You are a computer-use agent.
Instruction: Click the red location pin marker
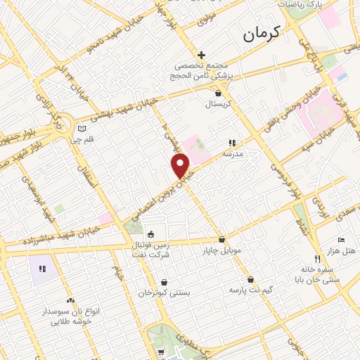(181, 166)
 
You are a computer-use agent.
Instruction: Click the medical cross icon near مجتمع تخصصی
(201, 55)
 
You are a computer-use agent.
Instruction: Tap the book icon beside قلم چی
(82, 129)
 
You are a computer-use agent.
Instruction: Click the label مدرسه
(232, 153)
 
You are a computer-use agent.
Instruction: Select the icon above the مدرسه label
(232, 142)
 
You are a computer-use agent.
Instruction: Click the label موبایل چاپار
(221, 250)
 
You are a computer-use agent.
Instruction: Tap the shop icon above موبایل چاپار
(221, 239)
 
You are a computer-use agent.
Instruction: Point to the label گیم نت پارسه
(250, 289)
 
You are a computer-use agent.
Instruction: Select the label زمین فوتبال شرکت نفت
(161, 252)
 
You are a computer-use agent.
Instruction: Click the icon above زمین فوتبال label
(150, 234)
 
